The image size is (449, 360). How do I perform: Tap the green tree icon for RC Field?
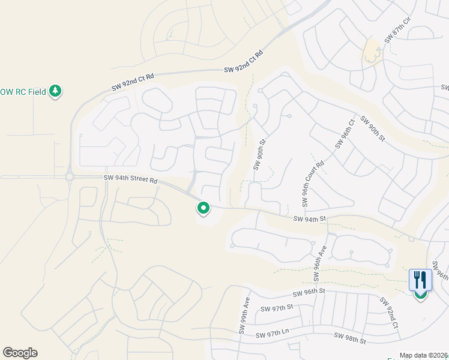[x=56, y=91]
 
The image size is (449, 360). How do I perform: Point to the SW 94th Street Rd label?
[x=130, y=178]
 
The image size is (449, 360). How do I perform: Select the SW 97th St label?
[x=276, y=308]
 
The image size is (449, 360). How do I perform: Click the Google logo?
[x=20, y=353]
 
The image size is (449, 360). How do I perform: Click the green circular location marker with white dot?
[x=203, y=208]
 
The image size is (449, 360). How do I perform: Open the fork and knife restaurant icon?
[x=420, y=280]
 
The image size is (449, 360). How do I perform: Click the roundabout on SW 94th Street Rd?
[x=70, y=177]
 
